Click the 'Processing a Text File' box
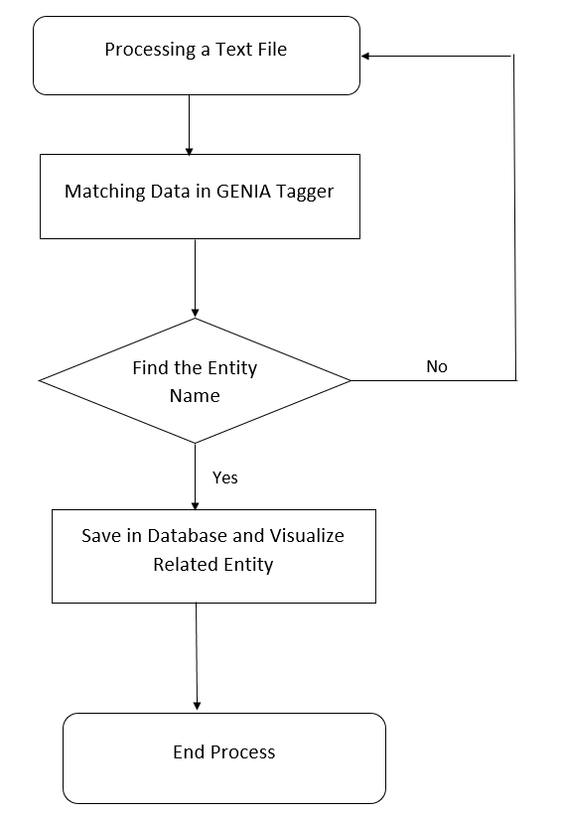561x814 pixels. (197, 56)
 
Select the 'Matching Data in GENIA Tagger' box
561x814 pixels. (200, 196)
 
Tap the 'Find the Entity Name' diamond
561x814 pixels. (195, 381)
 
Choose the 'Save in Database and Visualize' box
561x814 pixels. (213, 555)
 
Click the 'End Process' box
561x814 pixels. (223, 757)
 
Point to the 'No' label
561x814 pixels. (437, 366)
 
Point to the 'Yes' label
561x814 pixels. (225, 477)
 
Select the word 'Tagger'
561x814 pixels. (304, 193)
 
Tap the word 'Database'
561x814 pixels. (190, 535)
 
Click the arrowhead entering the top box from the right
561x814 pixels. (366, 57)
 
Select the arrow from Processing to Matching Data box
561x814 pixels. (189, 124)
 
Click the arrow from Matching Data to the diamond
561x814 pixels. (195, 278)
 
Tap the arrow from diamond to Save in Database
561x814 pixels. (195, 476)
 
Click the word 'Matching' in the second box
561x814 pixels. (101, 192)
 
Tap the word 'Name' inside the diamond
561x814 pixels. (194, 395)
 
